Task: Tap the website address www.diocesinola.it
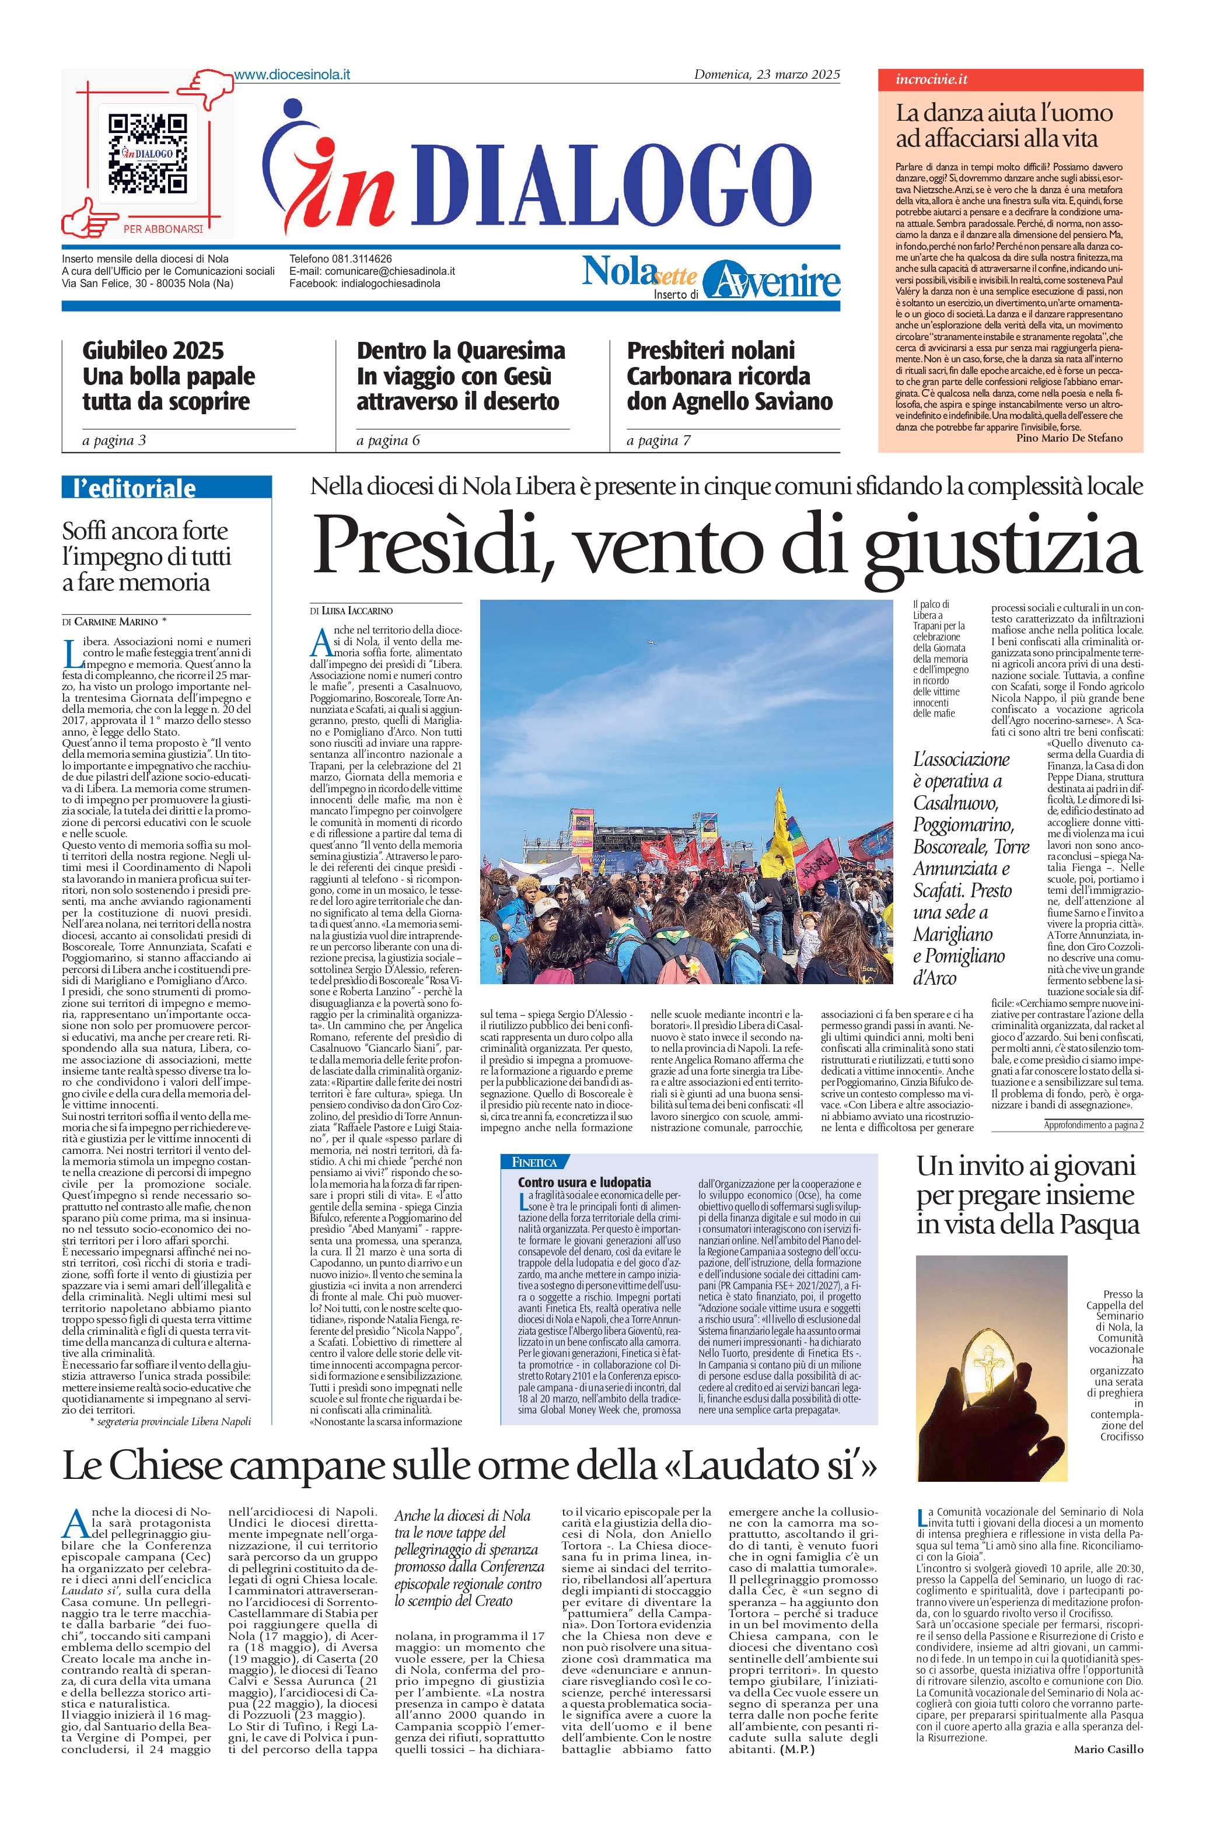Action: pos(292,75)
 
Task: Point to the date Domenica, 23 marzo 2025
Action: pos(766,75)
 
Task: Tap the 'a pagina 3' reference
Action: pos(114,440)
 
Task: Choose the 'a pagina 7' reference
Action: pos(658,440)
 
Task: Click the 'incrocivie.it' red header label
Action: pos(931,79)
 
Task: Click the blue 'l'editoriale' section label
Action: pos(135,488)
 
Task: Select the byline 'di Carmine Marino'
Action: pos(114,621)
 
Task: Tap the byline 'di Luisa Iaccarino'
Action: pos(351,610)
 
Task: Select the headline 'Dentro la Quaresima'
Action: pos(461,351)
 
